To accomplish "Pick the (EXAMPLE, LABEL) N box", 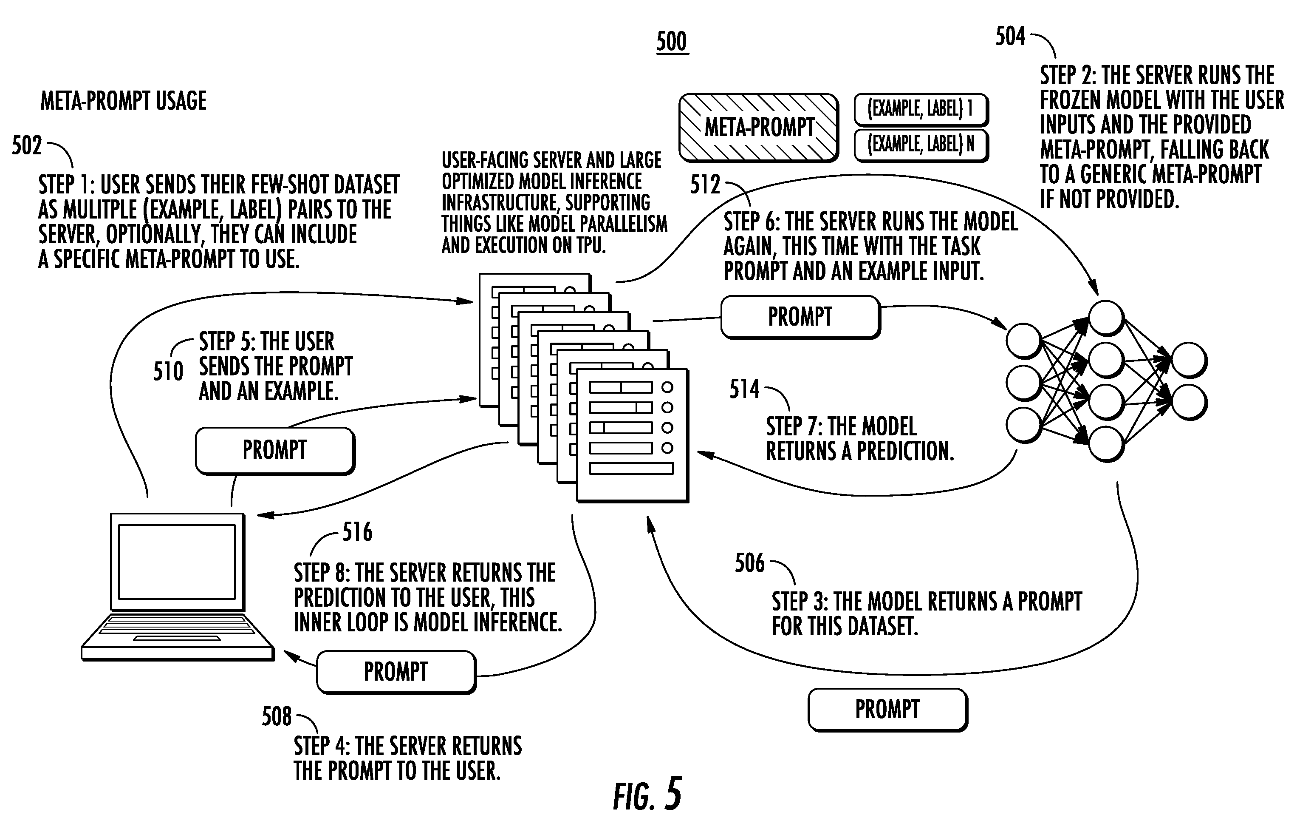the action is point(921,145).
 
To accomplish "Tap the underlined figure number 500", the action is point(672,42).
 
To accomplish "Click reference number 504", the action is point(1010,36).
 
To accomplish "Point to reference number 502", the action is point(27,145).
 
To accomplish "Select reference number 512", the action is point(705,185).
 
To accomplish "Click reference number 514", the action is point(744,389).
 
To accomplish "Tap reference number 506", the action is point(750,563).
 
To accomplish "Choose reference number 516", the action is point(358,532).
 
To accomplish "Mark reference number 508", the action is point(277,716).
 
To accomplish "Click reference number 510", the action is point(168,372).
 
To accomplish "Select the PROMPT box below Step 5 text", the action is point(275,451).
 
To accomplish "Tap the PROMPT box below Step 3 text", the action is point(887,710).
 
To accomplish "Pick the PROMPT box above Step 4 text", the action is point(396,672).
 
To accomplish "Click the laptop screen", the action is point(177,562).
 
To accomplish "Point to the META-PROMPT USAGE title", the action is point(124,101).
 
